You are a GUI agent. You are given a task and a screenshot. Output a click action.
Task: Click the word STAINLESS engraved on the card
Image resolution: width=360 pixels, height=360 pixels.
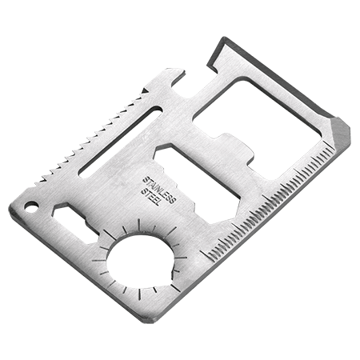[159, 190]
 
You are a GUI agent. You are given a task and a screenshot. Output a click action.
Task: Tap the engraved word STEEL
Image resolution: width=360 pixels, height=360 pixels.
[151, 197]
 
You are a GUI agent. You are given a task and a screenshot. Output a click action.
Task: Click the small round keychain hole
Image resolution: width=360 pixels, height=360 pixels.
[31, 206]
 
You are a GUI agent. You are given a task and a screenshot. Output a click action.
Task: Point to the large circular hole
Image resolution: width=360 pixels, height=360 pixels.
[141, 260]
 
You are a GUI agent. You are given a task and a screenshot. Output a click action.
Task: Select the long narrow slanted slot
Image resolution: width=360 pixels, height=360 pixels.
[121, 142]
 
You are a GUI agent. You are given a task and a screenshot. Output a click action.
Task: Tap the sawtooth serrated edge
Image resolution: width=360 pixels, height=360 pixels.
[90, 138]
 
